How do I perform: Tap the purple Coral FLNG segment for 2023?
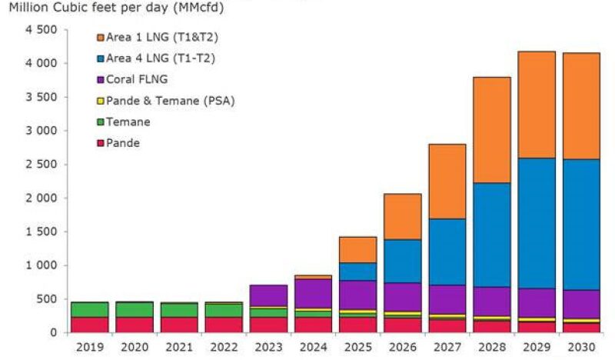point(268,295)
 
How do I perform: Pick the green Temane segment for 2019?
point(90,309)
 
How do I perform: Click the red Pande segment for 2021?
point(179,325)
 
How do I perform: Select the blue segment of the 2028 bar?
point(491,235)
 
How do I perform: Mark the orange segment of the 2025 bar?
point(357,250)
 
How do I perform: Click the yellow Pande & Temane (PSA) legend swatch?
point(99,100)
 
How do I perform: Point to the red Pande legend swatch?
point(99,143)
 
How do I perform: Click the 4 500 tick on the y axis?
point(42,30)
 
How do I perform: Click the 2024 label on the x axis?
point(313,348)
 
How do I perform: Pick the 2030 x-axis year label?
point(580,348)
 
